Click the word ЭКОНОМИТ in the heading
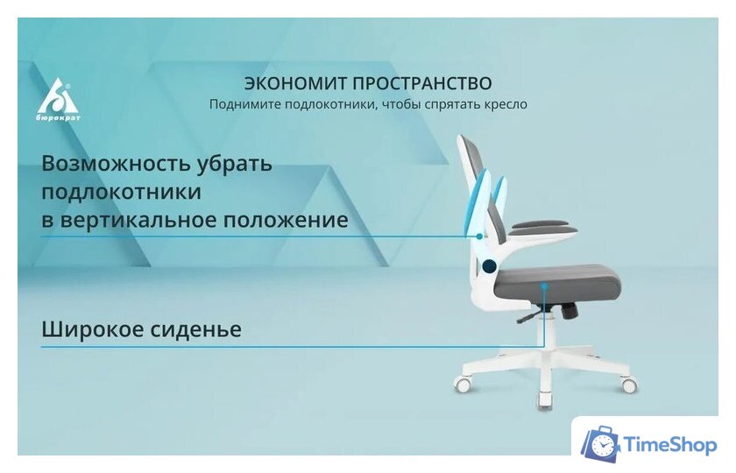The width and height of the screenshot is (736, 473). coord(294,84)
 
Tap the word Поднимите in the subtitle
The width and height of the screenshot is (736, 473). coord(244,104)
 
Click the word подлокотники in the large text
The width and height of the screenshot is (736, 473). coord(121,192)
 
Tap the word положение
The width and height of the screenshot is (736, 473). coord(294,219)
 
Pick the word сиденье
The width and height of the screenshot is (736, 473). coord(200,330)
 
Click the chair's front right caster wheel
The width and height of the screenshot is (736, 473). coord(628,385)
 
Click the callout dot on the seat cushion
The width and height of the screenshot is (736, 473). coord(545,285)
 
